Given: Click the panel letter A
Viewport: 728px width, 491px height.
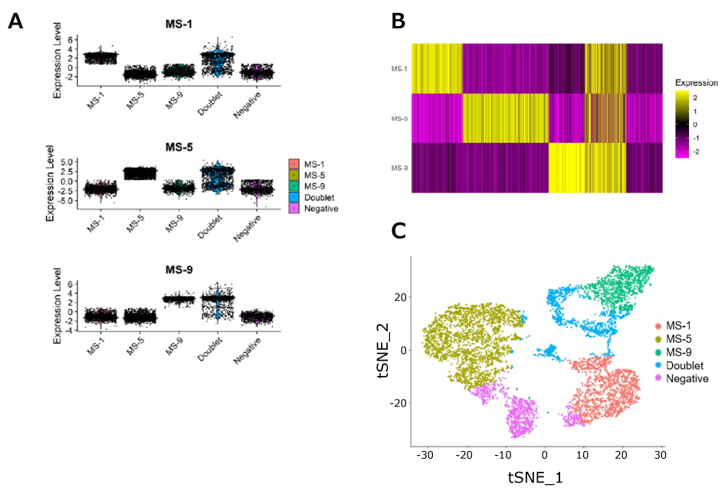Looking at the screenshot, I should (16, 21).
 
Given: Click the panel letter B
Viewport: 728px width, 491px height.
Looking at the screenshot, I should (398, 21).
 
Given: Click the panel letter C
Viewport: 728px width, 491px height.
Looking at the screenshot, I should (398, 230).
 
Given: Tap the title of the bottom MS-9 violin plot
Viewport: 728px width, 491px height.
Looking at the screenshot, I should (180, 269).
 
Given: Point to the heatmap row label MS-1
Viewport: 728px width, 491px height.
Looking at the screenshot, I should (398, 68).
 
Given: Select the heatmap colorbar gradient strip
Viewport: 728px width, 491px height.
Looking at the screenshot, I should (685, 122).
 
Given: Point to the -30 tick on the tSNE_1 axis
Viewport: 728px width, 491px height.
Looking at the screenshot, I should (425, 455).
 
